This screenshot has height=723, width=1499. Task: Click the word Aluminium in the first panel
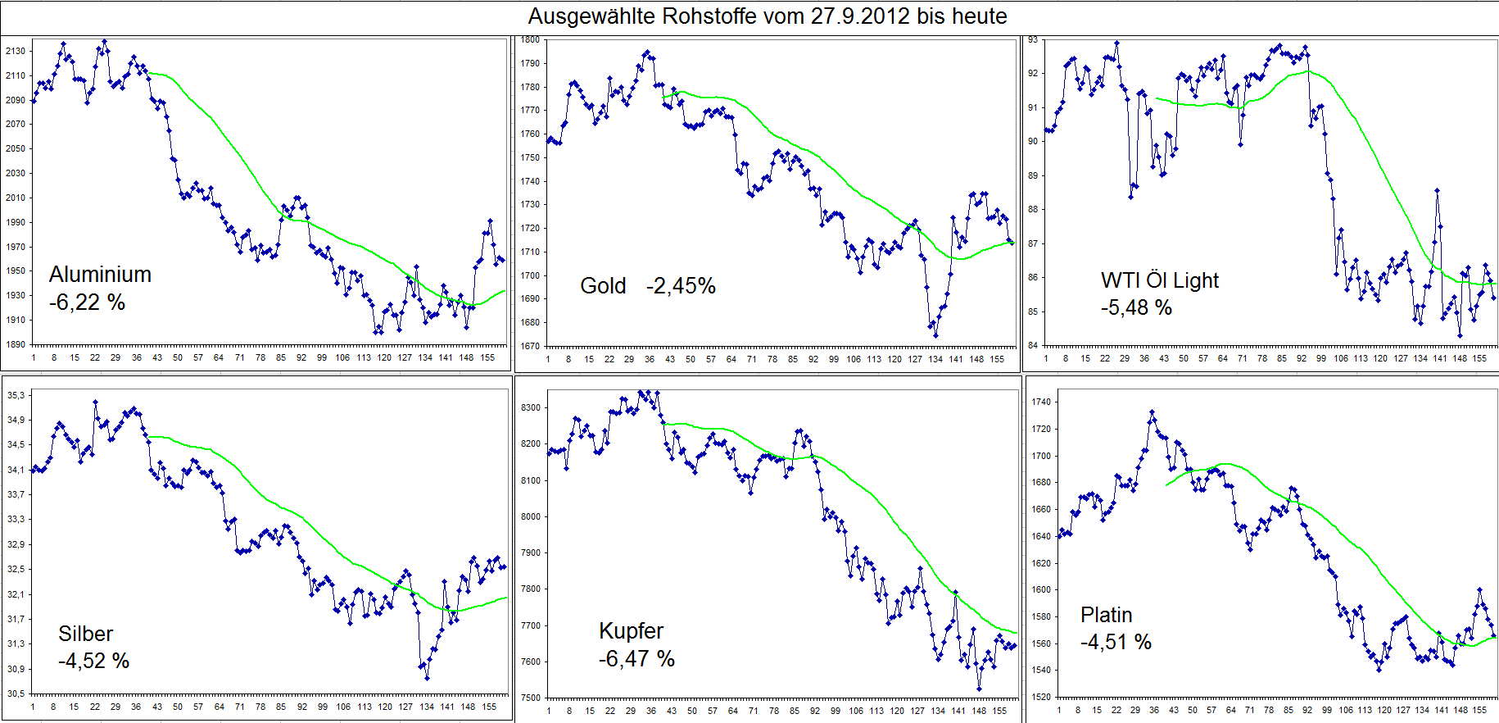(x=100, y=274)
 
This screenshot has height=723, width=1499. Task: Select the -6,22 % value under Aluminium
(x=87, y=302)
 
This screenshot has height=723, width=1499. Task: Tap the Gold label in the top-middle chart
(x=603, y=285)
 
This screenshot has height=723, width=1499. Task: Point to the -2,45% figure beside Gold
(x=681, y=285)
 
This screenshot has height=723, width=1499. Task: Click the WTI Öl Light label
(x=1159, y=280)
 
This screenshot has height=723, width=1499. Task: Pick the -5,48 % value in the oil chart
(x=1136, y=307)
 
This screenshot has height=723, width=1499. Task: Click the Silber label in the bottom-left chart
(x=85, y=634)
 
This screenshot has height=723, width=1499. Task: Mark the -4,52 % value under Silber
(x=93, y=661)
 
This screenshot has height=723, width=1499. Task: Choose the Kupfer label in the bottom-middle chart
(x=631, y=630)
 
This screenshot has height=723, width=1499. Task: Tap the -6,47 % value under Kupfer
(x=636, y=658)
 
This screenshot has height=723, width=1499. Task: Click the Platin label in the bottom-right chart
(x=1106, y=615)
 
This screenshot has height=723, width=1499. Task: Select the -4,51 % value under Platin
(x=1116, y=642)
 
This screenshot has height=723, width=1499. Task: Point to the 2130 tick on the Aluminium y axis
(x=16, y=51)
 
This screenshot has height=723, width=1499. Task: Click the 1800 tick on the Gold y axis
(x=530, y=39)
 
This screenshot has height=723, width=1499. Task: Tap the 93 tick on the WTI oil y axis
(x=1033, y=39)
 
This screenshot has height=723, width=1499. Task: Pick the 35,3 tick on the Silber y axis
(x=16, y=395)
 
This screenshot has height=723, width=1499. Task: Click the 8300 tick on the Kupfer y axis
(x=531, y=407)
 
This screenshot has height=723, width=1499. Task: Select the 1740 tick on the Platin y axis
(x=1041, y=402)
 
